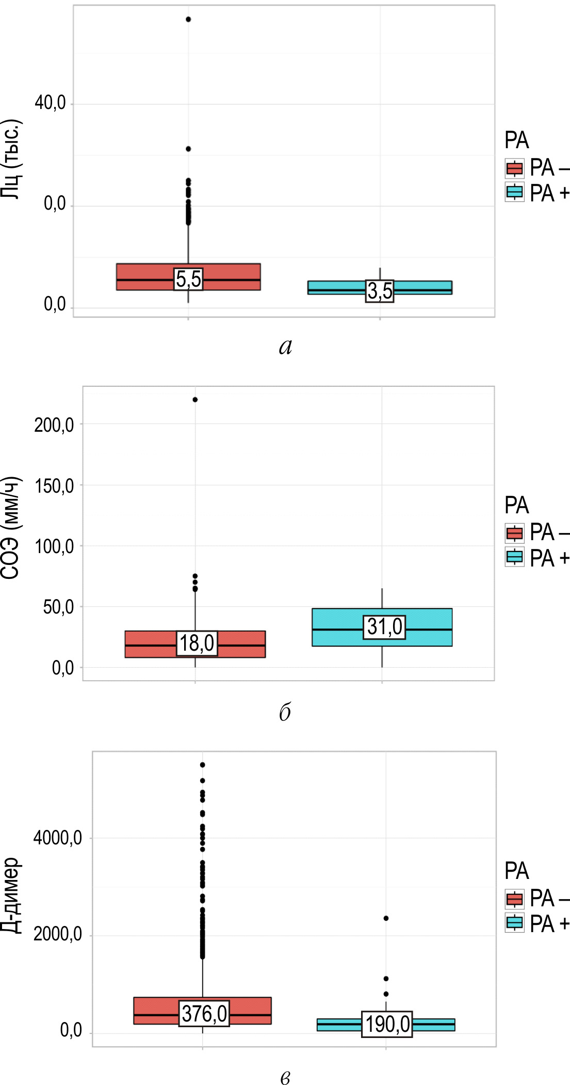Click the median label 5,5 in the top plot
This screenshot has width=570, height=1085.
188,279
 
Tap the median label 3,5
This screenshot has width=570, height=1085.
380,291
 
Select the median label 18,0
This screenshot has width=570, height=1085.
197,643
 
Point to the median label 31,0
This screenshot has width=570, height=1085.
384,627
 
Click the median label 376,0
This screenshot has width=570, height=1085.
204,1013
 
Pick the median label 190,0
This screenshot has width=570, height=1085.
387,1024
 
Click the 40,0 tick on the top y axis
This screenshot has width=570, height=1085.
51,103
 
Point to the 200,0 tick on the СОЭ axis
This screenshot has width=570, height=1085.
54,425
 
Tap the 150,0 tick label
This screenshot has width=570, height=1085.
54,486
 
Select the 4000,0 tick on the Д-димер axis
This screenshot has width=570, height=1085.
57,838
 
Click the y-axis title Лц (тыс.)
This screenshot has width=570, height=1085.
11,160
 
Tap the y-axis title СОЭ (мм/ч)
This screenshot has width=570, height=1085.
11,527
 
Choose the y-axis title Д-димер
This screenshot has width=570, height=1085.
11,895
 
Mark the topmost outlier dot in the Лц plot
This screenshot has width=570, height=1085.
188,20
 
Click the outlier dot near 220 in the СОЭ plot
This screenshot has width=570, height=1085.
195,400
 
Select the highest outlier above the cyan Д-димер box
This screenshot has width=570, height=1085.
386,918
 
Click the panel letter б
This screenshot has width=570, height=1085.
285,712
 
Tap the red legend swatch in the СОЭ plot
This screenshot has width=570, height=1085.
514,532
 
